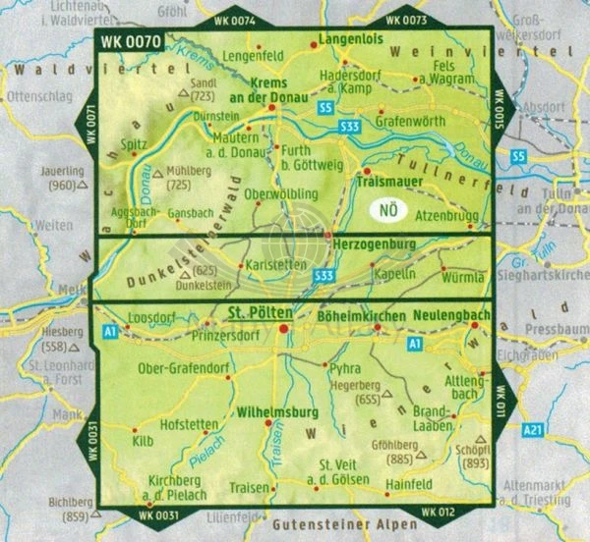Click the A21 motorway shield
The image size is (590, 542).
[560, 428]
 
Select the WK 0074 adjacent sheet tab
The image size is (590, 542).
[233, 21]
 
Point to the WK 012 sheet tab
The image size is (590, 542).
[437, 514]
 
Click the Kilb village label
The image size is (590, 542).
[144, 444]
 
